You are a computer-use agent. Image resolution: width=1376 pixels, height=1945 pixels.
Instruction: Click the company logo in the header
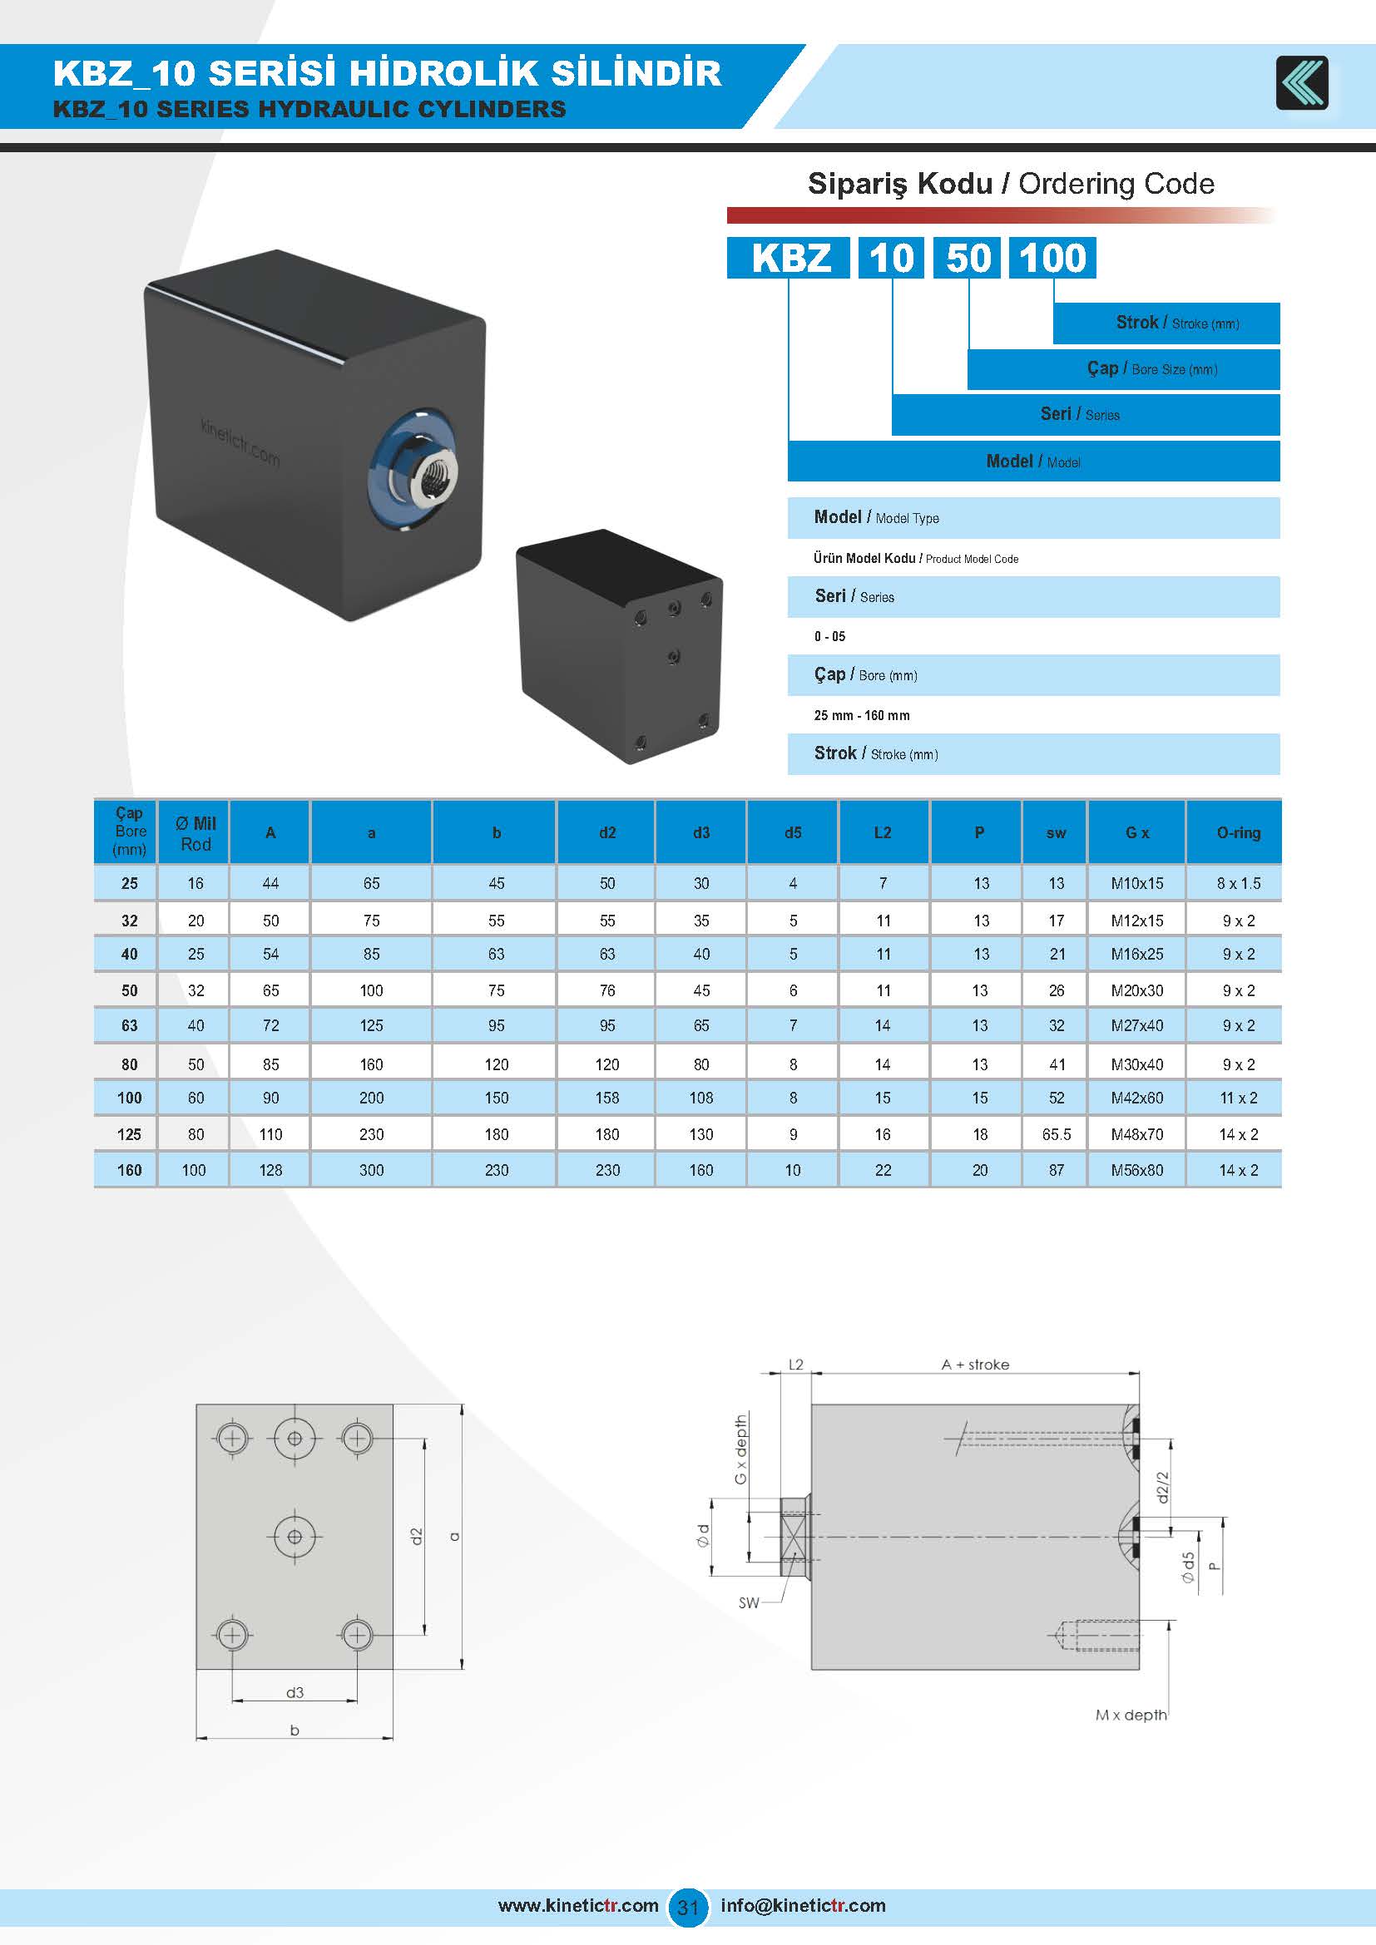coord(1301,83)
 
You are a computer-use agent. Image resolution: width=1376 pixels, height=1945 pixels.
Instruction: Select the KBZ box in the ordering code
coord(789,258)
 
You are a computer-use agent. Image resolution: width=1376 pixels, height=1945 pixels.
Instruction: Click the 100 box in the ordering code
coord(1052,258)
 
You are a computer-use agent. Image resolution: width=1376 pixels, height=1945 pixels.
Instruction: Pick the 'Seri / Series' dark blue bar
coord(1085,414)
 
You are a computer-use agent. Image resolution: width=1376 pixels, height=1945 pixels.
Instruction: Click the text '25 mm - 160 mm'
coord(862,715)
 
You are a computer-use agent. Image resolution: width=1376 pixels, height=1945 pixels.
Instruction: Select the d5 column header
coord(792,832)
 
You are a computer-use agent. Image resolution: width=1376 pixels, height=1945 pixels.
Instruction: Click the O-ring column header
coord(1238,832)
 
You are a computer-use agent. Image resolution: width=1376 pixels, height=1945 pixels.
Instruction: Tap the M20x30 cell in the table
coord(1137,990)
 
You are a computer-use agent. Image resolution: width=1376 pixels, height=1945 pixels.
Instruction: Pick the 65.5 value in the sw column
coord(1057,1134)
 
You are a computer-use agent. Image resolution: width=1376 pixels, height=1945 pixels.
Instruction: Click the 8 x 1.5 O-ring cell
coord(1238,883)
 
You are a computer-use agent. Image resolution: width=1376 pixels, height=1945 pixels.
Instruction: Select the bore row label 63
coord(129,1026)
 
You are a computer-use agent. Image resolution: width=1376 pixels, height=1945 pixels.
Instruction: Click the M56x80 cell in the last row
coord(1137,1170)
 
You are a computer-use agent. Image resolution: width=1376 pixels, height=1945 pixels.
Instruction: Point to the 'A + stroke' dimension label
coord(975,1365)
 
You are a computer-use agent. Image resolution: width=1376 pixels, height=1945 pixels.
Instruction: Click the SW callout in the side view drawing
coord(749,1602)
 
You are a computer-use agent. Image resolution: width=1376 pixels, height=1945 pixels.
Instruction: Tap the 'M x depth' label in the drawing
coord(1131,1715)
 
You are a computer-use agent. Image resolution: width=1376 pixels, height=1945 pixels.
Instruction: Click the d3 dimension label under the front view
coord(294,1692)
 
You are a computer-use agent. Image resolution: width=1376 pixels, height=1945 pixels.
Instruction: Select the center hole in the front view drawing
coord(295,1537)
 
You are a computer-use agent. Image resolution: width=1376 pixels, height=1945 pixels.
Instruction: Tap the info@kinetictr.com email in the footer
coord(802,1906)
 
